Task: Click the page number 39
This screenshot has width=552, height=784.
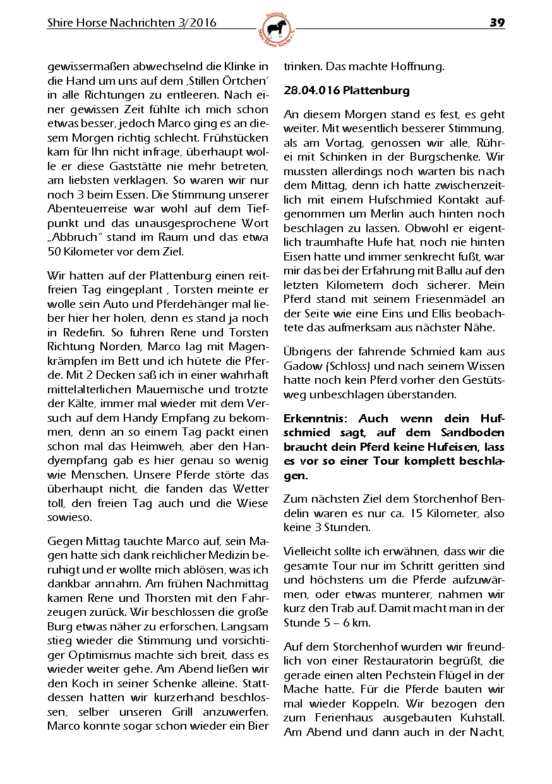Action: tap(497, 23)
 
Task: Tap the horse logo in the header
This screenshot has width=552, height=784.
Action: tap(277, 28)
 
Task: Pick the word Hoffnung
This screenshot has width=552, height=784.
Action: tap(417, 66)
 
